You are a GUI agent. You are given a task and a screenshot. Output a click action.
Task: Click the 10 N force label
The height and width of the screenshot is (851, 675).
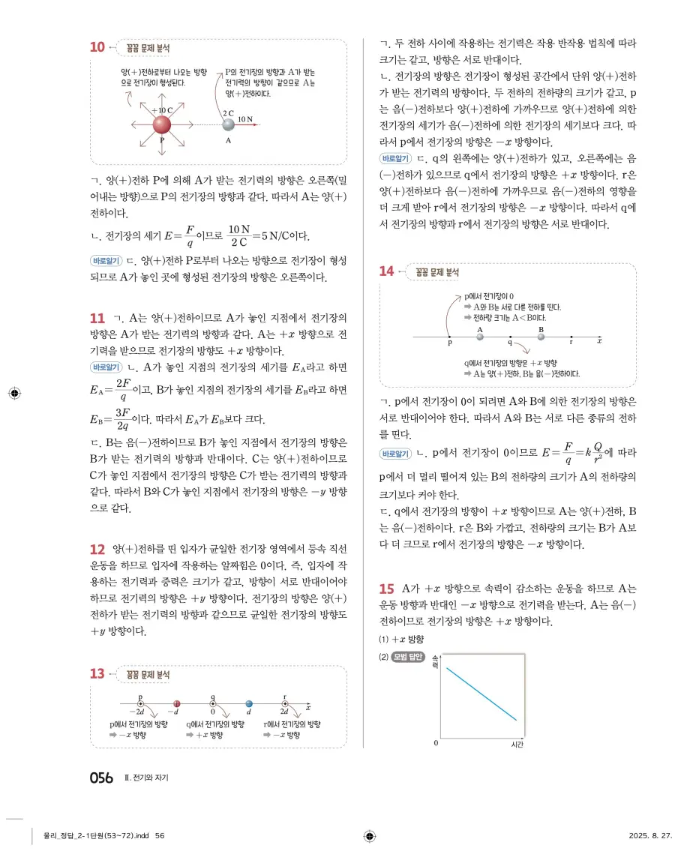pos(245,118)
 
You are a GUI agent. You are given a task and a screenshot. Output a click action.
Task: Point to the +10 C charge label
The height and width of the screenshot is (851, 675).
pos(162,109)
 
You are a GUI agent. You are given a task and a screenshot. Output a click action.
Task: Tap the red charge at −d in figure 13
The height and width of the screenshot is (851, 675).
pos(177,704)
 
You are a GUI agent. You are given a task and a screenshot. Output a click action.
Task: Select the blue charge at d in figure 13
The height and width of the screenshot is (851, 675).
pos(249,704)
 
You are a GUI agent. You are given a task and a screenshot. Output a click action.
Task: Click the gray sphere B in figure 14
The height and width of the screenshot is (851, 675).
pos(541,337)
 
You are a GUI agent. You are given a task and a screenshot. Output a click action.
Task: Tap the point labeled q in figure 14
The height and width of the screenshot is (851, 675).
pos(510,338)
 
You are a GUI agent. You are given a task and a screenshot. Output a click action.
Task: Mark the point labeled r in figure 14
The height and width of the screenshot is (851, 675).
pos(571,338)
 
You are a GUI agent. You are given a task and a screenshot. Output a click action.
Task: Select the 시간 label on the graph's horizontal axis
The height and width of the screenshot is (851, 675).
pos(516,745)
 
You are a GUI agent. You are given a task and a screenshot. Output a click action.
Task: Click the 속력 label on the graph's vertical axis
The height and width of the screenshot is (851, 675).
pos(436,661)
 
